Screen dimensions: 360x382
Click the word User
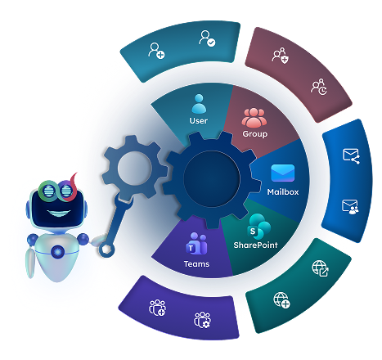tap(198, 121)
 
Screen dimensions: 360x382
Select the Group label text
tap(255, 134)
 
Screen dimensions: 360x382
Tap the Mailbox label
tap(284, 191)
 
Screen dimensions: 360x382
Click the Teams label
tap(196, 263)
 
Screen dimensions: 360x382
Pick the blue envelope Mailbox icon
tap(283, 173)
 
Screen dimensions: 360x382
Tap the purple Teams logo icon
tap(195, 244)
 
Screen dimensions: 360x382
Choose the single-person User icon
tap(198, 103)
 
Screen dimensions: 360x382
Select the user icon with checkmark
tap(206, 38)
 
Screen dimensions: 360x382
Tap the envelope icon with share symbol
tap(351, 155)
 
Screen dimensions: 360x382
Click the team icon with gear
tap(200, 320)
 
